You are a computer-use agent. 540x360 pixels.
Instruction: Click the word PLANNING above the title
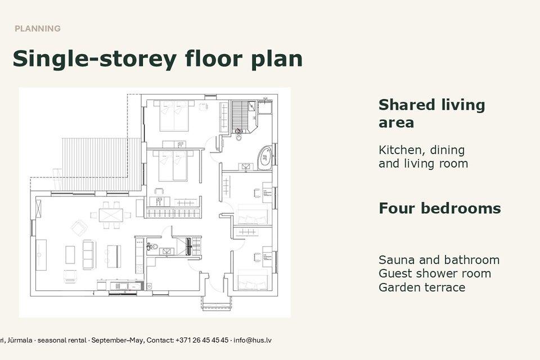tap(38, 29)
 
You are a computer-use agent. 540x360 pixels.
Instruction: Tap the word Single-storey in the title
tap(94, 59)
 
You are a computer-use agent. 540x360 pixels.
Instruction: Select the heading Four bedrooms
tap(440, 209)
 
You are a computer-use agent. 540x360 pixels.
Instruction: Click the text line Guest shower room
tap(435, 273)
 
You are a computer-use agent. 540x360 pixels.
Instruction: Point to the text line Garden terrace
tap(422, 287)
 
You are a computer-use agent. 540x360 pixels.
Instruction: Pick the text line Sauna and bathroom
tap(439, 260)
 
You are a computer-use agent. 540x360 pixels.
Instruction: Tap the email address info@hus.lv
tap(253, 340)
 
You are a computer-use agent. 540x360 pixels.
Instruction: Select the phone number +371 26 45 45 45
tap(202, 340)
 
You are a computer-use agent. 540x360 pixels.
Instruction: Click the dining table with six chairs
tap(111, 215)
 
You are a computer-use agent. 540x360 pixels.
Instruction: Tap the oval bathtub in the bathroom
tap(264, 158)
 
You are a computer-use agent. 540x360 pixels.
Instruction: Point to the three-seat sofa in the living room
tap(89, 255)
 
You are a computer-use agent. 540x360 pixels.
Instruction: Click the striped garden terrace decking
tap(102, 164)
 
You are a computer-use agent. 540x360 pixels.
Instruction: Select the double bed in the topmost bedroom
tap(174, 116)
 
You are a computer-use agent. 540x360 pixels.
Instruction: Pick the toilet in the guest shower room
tap(152, 246)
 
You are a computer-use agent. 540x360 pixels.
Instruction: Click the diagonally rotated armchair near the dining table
tap(79, 228)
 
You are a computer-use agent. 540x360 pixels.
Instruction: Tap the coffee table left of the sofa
tap(70, 255)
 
